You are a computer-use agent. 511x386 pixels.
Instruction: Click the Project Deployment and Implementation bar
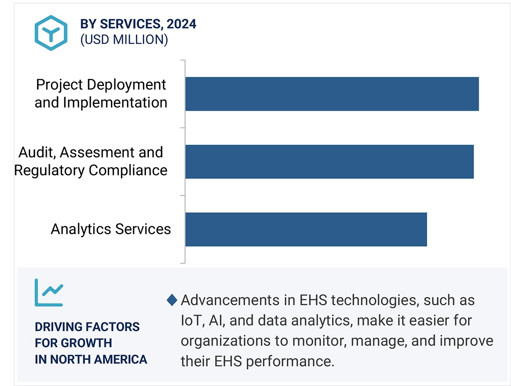(x=332, y=94)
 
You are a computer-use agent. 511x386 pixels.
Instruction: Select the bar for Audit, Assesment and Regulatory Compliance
(x=329, y=162)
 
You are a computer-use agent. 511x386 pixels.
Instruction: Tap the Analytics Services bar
(x=306, y=229)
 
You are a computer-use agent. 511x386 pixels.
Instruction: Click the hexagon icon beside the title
(x=52, y=32)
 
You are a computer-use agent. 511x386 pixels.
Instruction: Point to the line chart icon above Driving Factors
(x=49, y=292)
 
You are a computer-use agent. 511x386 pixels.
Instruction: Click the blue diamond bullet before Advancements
(x=173, y=300)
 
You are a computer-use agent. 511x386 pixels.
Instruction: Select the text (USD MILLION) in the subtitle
(x=124, y=40)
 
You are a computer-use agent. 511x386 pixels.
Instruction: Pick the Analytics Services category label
(x=111, y=229)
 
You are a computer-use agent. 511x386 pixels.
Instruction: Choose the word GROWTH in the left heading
(x=86, y=343)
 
